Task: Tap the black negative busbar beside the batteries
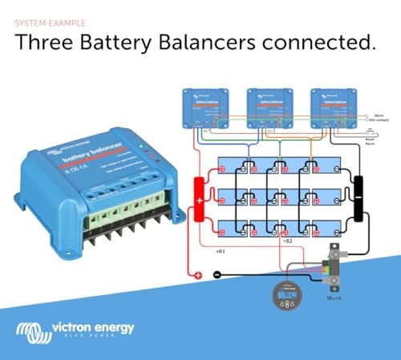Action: (x=360, y=198)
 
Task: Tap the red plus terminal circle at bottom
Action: (x=196, y=276)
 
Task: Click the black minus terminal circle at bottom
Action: (x=217, y=276)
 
